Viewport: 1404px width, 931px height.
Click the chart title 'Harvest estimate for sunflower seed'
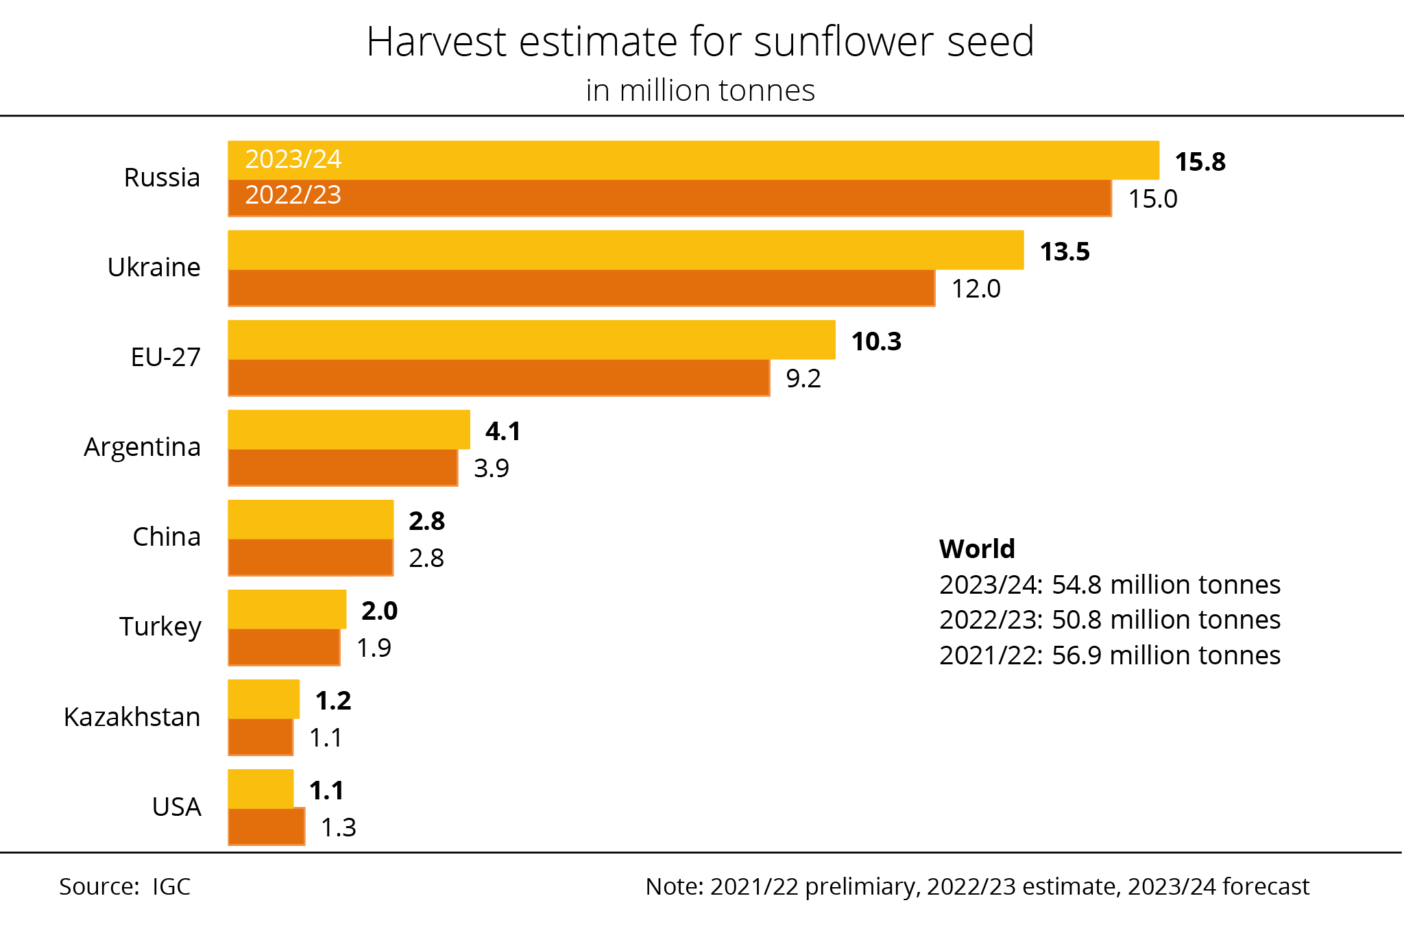(x=700, y=42)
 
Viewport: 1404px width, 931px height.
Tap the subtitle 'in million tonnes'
(x=700, y=90)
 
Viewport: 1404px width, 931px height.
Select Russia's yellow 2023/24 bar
(x=693, y=160)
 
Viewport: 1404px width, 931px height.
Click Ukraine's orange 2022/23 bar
(x=581, y=287)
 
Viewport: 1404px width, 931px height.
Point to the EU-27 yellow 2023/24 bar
(x=531, y=340)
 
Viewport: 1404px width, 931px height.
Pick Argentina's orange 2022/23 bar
(x=343, y=468)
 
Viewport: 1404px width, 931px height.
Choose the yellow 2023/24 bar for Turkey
(x=287, y=609)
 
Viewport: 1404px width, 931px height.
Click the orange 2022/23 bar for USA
(x=267, y=827)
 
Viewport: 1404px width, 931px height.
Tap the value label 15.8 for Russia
(x=1200, y=162)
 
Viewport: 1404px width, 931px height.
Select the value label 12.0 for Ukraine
(x=976, y=289)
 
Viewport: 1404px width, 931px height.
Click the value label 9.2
(x=803, y=378)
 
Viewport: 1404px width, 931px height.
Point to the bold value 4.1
(x=503, y=431)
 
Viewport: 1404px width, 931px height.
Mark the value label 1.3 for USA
(x=339, y=827)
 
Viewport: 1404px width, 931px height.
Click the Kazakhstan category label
(x=132, y=717)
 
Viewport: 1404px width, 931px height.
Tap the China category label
(x=167, y=537)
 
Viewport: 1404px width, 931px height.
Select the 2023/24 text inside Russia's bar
(x=293, y=159)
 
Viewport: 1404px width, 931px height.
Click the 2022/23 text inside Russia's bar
(x=293, y=195)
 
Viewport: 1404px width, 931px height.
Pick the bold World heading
(x=977, y=548)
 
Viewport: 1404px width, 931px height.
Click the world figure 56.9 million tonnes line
(x=1110, y=655)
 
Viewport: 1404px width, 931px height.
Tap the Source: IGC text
(x=125, y=886)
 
